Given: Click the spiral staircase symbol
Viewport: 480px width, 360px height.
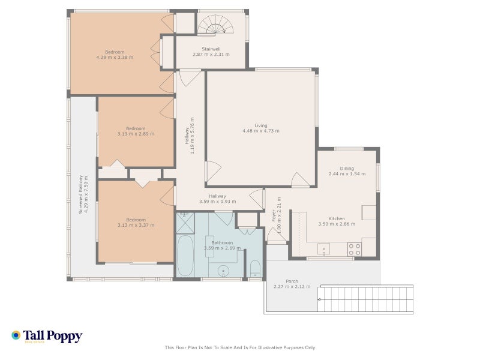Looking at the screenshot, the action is click(x=215, y=24).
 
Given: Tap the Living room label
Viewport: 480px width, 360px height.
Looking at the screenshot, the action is click(x=261, y=125).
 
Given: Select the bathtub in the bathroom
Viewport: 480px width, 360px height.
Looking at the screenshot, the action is click(x=185, y=256).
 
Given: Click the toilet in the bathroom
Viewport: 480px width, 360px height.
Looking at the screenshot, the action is click(x=255, y=268).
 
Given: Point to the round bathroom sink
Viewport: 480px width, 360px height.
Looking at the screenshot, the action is click(x=223, y=271).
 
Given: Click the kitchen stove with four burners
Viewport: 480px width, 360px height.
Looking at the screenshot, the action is click(x=354, y=249).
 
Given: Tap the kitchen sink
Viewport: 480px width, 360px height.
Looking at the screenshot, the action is click(x=323, y=249).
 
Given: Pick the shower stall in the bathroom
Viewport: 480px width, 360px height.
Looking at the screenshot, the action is click(x=185, y=223).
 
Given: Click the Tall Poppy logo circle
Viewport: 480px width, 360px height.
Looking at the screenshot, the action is click(x=16, y=335).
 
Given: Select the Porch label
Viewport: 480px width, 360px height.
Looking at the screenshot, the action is click(x=292, y=281).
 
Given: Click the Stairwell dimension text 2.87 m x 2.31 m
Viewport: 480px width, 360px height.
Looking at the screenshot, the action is click(x=211, y=54).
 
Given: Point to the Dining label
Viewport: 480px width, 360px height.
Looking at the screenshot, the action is click(x=347, y=169).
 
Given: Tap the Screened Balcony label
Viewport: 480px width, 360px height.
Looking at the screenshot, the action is click(x=81, y=194).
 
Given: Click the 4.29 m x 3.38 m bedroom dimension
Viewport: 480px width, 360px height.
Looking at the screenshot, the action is click(x=115, y=57).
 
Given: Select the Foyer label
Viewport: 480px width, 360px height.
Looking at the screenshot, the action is click(x=274, y=215).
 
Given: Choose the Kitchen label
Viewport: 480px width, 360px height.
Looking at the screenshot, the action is click(x=337, y=218).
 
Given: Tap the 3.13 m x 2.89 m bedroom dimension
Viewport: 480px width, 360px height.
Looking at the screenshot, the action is click(x=136, y=134).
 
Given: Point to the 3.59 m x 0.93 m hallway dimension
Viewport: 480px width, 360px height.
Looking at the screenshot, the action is click(x=218, y=202).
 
